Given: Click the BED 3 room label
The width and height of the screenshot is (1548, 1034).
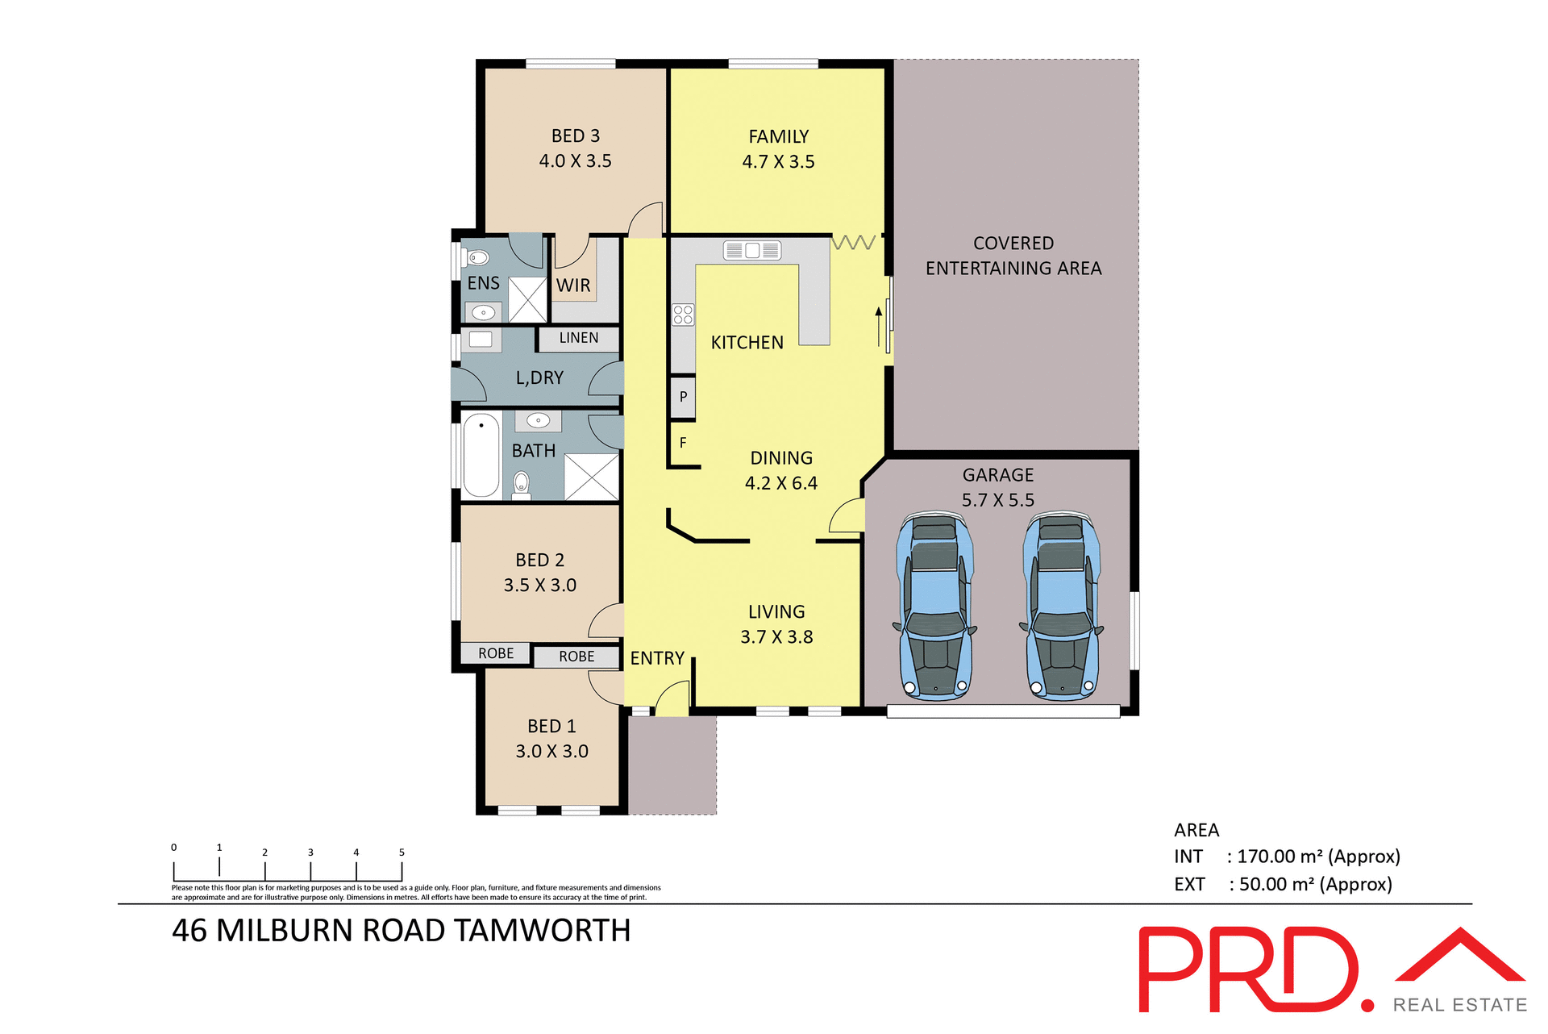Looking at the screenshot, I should point(575,136).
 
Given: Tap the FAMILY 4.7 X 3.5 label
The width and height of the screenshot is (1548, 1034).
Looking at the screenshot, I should point(778,149).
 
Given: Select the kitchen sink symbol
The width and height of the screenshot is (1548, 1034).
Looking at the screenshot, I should point(751,251).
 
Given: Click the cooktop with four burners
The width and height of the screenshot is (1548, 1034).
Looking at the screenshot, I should point(683,315).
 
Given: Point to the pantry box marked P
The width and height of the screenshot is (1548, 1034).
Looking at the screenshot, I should point(683,397).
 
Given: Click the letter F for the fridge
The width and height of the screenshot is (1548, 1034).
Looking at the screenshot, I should point(683,443).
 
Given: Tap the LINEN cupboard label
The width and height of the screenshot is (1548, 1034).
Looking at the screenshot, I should point(579,338).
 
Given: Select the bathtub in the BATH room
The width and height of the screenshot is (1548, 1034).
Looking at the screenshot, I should point(481,455).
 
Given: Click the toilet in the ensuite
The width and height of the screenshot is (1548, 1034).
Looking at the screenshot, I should point(477,258).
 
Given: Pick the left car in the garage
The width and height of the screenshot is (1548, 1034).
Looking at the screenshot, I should point(935,605).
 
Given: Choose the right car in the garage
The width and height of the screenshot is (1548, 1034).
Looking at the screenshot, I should point(1062,605).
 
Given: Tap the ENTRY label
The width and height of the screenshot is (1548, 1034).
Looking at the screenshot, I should point(657,658).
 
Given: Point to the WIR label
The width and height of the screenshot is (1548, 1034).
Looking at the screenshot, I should point(573,286).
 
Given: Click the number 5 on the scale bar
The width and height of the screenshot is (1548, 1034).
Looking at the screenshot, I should point(402,853).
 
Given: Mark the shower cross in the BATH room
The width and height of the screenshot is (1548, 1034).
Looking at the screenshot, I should point(591,477).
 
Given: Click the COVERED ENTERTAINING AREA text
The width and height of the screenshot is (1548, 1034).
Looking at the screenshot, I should point(1013,256).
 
